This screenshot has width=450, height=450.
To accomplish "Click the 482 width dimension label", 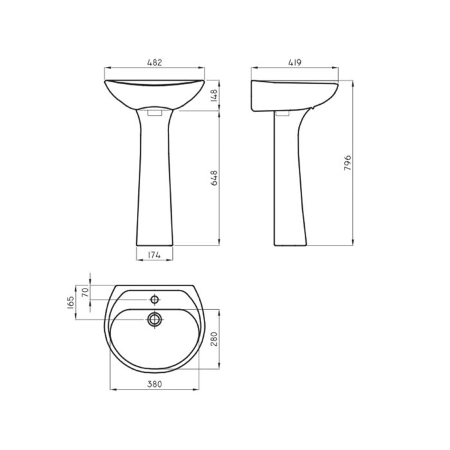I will pyautogui.click(x=154, y=62).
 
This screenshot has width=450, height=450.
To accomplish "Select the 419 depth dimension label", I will pyautogui.click(x=295, y=62).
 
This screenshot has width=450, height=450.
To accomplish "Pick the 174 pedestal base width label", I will pyautogui.click(x=155, y=255).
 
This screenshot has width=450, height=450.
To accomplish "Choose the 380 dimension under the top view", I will pyautogui.click(x=154, y=384).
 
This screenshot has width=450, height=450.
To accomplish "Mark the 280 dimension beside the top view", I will pyautogui.click(x=215, y=338).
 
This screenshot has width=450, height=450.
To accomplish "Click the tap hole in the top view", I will pyautogui.click(x=154, y=299).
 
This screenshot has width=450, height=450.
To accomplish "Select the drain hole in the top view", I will pyautogui.click(x=154, y=318).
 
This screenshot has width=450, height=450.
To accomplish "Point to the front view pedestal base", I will pyautogui.click(x=155, y=241).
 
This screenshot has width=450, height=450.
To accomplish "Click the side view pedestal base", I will pyautogui.click(x=291, y=241).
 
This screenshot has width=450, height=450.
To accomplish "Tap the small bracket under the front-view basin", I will pyautogui.click(x=155, y=113).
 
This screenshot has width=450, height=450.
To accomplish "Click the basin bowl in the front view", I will pyautogui.click(x=155, y=93).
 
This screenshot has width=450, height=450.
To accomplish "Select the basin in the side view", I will pyautogui.click(x=292, y=95).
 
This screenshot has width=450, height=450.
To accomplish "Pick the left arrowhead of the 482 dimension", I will pyautogui.click(x=106, y=68).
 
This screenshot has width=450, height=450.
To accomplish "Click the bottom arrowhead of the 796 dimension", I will pyautogui.click(x=353, y=244).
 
